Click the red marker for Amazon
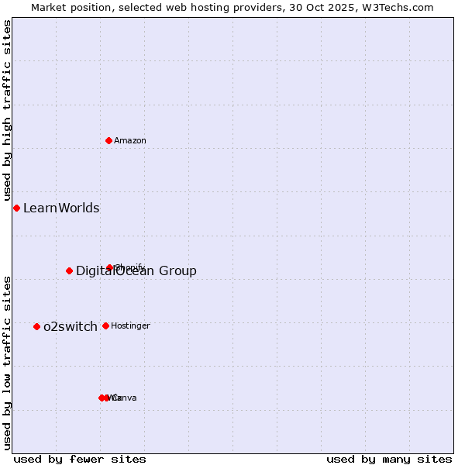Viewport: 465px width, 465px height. (x=108, y=140)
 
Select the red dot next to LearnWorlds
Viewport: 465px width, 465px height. (x=16, y=208)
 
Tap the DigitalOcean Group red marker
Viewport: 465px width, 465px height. (x=69, y=270)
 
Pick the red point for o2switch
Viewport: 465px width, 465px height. (x=36, y=326)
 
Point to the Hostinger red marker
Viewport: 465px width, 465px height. (x=105, y=325)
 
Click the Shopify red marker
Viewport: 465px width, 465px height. (x=110, y=267)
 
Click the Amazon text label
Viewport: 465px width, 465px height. (x=130, y=140)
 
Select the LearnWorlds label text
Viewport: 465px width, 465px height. (x=61, y=208)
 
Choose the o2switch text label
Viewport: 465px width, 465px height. (x=71, y=326)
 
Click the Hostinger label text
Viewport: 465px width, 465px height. (x=130, y=325)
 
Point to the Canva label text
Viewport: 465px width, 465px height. (x=125, y=398)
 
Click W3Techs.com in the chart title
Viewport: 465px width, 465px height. (x=396, y=7)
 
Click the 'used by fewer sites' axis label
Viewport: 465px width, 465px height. (x=80, y=459)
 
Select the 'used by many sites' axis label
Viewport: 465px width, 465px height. (x=389, y=459)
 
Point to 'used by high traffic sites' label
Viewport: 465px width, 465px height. (x=7, y=111)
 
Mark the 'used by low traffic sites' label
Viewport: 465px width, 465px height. (x=7, y=362)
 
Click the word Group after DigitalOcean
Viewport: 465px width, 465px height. (x=178, y=270)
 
